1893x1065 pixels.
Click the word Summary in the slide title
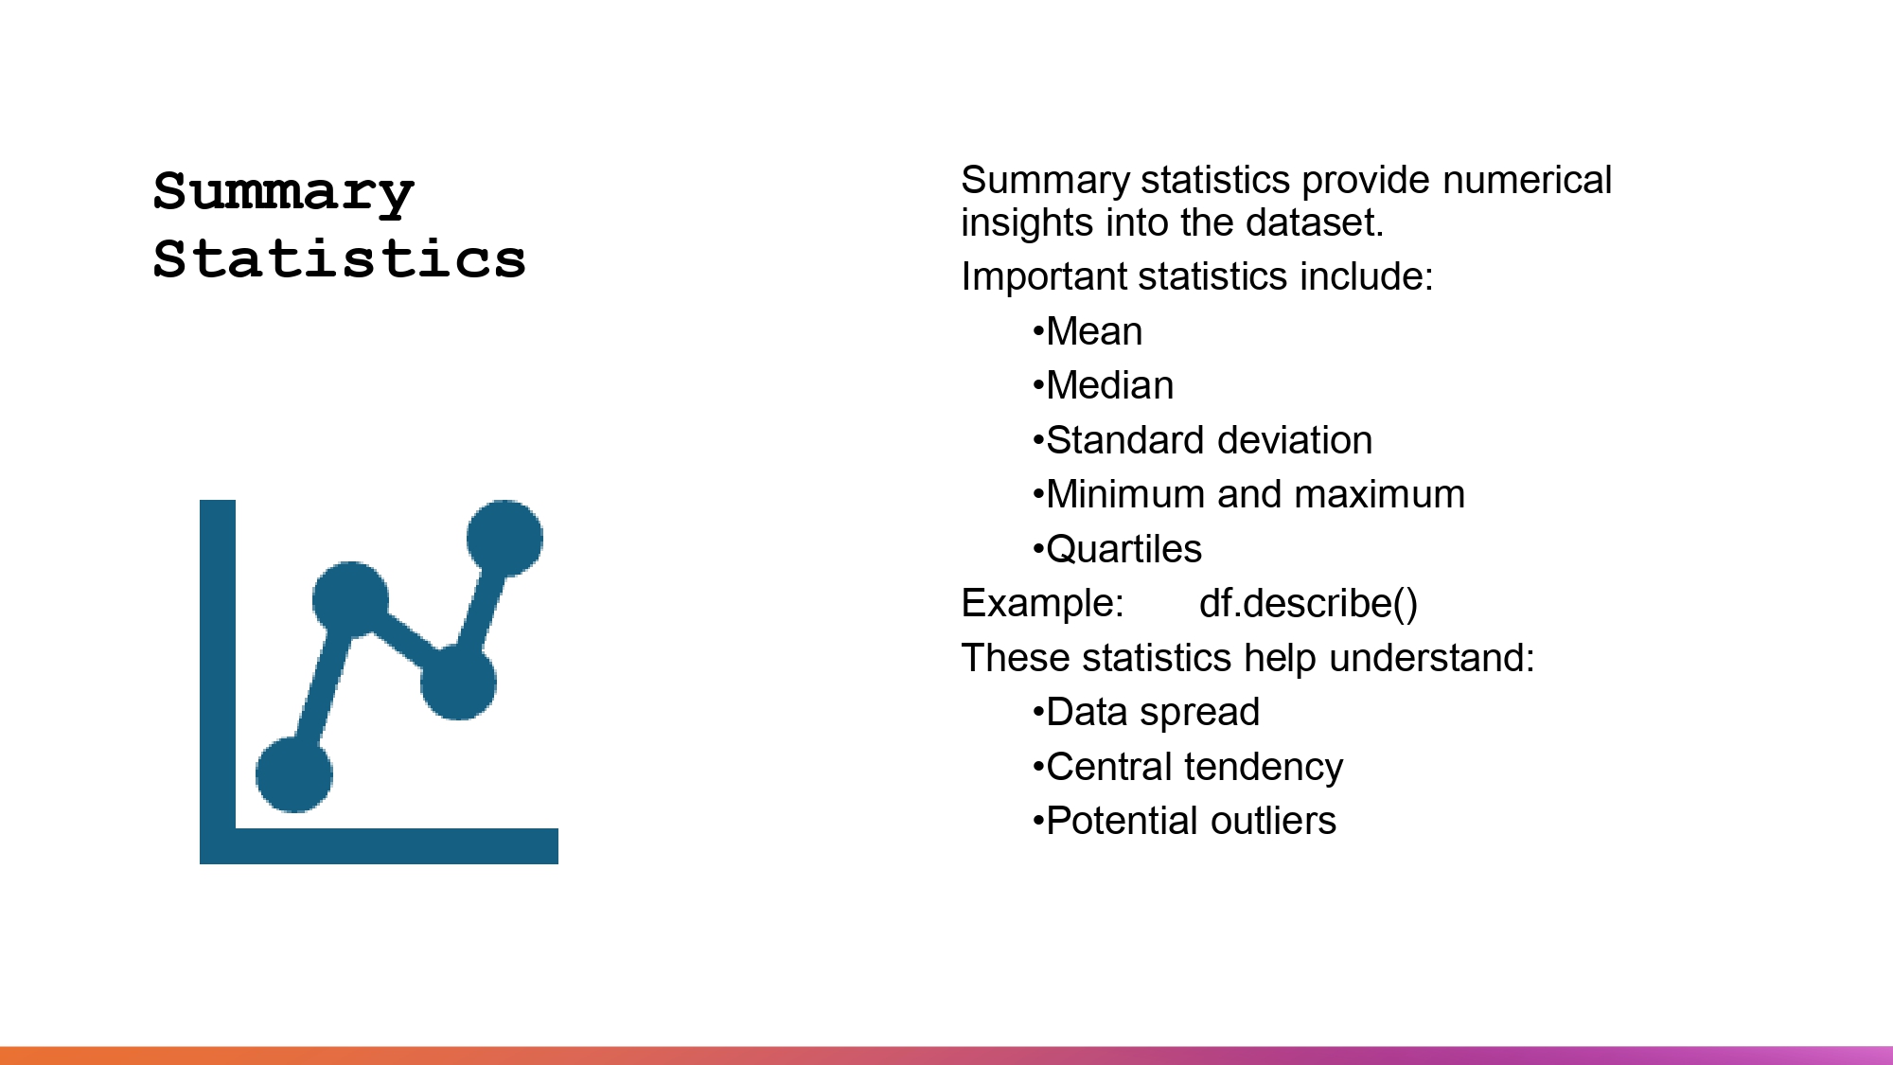(283, 192)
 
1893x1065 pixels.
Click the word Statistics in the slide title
(339, 259)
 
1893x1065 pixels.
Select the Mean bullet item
(1093, 332)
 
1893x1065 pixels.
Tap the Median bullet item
(1109, 386)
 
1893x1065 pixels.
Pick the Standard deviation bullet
(1208, 441)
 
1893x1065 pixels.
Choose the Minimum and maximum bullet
(1254, 495)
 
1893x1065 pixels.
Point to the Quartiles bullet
(1123, 550)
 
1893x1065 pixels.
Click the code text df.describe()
(1308, 604)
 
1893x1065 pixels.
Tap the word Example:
(1042, 604)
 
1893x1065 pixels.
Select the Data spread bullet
(1152, 713)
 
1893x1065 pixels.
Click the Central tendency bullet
(1194, 768)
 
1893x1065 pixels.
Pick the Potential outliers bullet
(1190, 822)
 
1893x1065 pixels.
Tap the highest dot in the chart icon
(504, 538)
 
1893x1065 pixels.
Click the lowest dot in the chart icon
(294, 774)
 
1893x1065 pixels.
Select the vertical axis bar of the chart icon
(218, 663)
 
